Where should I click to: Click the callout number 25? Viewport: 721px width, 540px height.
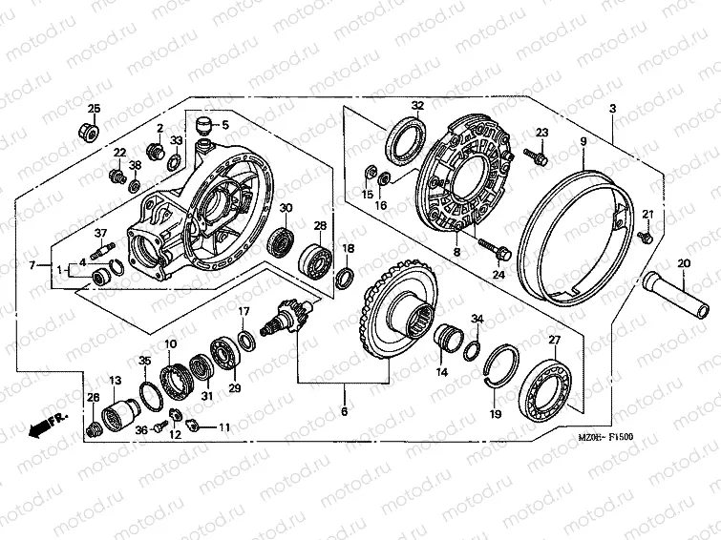(x=94, y=107)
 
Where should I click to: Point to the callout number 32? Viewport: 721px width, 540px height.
(x=417, y=105)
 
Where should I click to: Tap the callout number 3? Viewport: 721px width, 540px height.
(x=612, y=108)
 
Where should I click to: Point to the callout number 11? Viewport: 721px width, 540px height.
(x=224, y=426)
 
